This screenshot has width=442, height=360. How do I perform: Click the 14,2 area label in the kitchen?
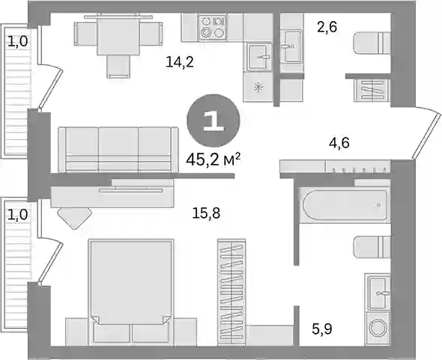[x=180, y=62]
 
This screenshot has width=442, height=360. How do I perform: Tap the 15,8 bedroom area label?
[x=206, y=213]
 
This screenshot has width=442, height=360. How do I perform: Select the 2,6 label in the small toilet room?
[x=327, y=28]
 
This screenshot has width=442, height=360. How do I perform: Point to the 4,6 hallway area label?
[x=339, y=142]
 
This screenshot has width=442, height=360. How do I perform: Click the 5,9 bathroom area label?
[x=322, y=329]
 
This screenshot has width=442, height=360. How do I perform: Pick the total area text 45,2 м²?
[x=213, y=160]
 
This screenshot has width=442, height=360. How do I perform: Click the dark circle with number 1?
[x=214, y=120]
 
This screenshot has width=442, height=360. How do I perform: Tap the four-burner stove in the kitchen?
[x=212, y=27]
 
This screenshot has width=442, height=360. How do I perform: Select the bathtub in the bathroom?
[x=345, y=205]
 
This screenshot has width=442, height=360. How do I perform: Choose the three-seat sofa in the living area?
[x=118, y=149]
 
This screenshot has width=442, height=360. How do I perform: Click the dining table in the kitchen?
[x=118, y=35]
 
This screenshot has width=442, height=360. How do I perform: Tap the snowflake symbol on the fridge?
[x=258, y=88]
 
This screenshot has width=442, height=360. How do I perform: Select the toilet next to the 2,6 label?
[x=372, y=43]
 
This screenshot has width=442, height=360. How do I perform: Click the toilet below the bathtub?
[x=372, y=247]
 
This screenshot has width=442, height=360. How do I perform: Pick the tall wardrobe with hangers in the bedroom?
[x=231, y=292]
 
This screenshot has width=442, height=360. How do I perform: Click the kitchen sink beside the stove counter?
[x=260, y=56]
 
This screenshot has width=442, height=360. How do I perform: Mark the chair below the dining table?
[x=118, y=67]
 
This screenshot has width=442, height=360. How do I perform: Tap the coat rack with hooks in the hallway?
[x=358, y=166]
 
